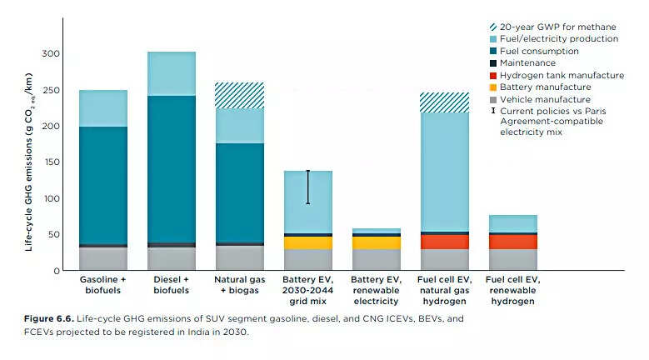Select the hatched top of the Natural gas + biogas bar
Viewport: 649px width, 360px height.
pos(240,95)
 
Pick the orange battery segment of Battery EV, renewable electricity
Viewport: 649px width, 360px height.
pos(376,242)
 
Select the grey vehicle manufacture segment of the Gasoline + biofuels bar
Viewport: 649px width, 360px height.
pos(103,259)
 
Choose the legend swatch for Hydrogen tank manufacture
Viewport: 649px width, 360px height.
pos(494,75)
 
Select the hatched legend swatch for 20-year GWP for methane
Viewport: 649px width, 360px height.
pos(494,26)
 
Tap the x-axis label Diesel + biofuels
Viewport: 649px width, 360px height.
pos(172,284)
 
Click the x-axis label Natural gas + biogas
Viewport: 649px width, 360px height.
pos(240,284)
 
